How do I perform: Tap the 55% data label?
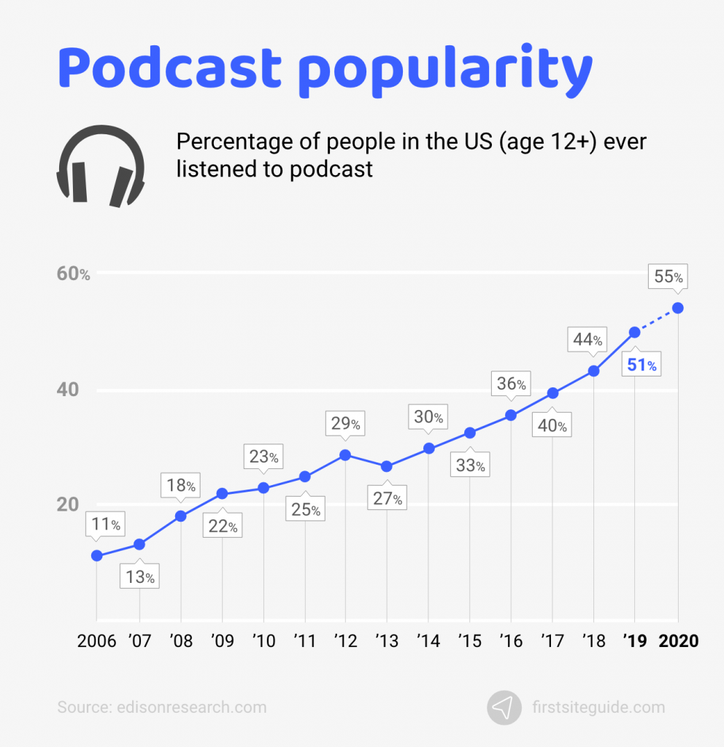668,276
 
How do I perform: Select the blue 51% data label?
642,365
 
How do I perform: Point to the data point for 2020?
678,308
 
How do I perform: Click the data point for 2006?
96,556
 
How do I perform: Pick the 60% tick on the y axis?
74,274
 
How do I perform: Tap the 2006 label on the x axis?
97,642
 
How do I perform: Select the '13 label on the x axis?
387,642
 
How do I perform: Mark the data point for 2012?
345,455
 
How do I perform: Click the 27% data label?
387,499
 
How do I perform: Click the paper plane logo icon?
504,707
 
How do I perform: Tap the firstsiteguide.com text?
598,707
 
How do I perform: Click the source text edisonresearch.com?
162,707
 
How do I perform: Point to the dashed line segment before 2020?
657,320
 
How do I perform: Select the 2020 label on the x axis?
678,642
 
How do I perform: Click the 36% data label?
512,384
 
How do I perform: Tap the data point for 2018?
594,371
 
